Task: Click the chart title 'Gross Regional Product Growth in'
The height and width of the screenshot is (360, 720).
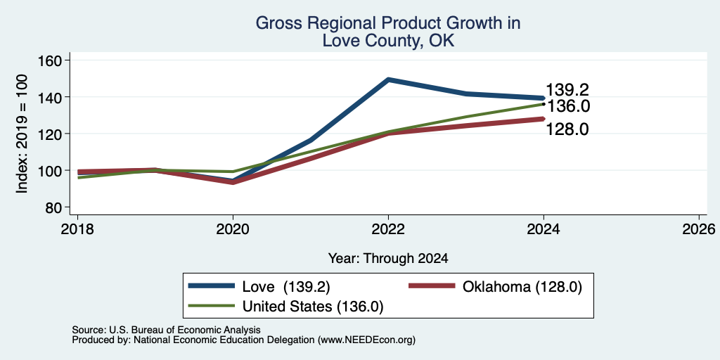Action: (x=388, y=23)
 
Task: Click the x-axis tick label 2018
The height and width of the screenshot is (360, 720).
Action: (x=77, y=229)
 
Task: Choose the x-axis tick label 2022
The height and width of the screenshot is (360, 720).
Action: (x=388, y=229)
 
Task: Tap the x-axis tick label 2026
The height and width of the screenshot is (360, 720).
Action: (x=700, y=229)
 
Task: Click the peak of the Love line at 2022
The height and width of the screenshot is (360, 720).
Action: (x=388, y=79)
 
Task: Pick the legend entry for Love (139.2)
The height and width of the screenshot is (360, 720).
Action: (x=260, y=287)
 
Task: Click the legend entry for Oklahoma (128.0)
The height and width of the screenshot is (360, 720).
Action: (x=495, y=287)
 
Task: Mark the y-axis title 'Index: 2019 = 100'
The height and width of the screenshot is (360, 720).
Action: (x=22, y=134)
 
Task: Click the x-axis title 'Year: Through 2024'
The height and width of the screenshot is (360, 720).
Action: (x=388, y=259)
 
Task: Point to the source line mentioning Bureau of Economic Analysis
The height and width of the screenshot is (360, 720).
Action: (x=166, y=330)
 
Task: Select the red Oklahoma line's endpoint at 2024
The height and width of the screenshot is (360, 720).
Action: (x=544, y=119)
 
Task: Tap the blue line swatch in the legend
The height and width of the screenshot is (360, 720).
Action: (x=211, y=286)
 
